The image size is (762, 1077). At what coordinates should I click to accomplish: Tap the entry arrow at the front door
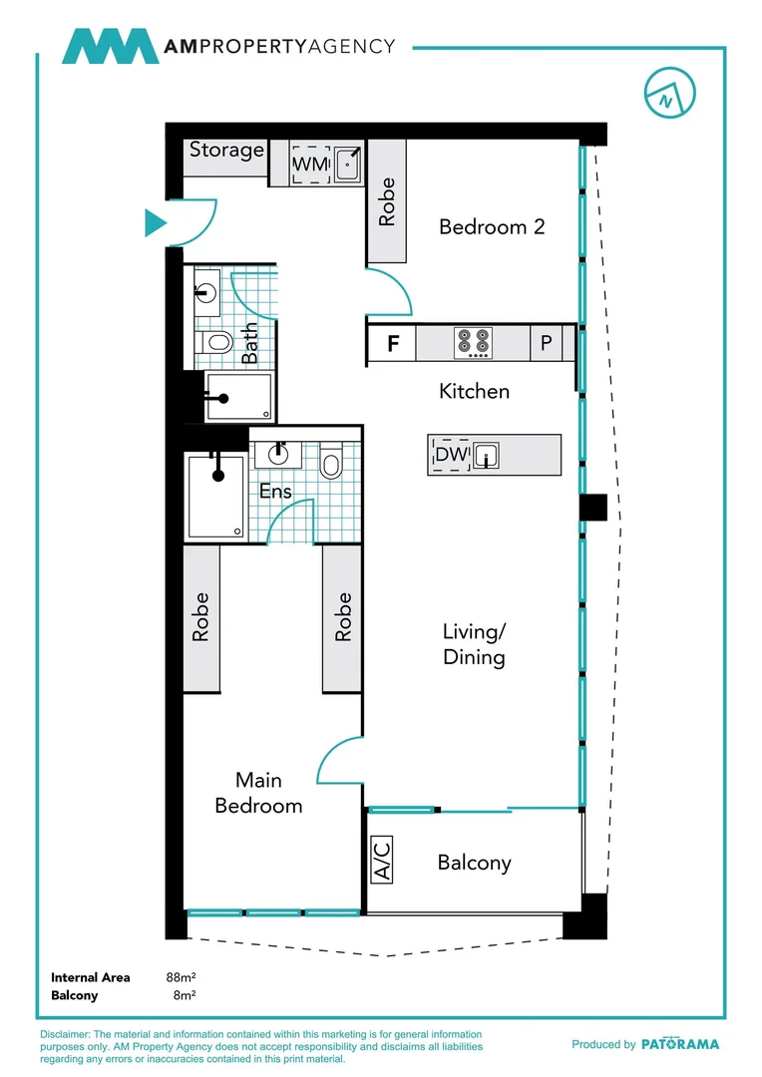click(155, 222)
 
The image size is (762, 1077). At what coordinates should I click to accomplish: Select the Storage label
click(227, 150)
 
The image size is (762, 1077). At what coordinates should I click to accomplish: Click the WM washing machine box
click(310, 164)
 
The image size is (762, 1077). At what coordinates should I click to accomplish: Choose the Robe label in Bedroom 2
click(387, 201)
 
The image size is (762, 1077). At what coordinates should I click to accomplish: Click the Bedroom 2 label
click(492, 226)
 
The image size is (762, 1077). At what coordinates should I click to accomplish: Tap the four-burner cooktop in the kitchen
click(473, 343)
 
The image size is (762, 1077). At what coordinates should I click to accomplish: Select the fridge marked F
click(393, 345)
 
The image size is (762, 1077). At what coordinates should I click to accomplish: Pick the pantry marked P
click(547, 344)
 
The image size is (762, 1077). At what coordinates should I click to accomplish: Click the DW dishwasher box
click(451, 456)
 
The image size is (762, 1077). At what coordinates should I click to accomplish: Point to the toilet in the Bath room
click(215, 342)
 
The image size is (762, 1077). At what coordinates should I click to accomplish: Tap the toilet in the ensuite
click(331, 465)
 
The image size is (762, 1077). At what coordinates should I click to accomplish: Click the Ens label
click(275, 492)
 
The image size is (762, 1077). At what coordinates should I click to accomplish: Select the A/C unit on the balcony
click(381, 859)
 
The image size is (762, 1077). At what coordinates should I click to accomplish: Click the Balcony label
click(474, 863)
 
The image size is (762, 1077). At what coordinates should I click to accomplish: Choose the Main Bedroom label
click(258, 792)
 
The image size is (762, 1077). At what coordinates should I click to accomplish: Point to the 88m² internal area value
click(181, 978)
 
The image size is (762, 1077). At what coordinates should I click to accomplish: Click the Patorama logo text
click(679, 1044)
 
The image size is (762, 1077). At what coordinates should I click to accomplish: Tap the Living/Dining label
click(474, 644)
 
